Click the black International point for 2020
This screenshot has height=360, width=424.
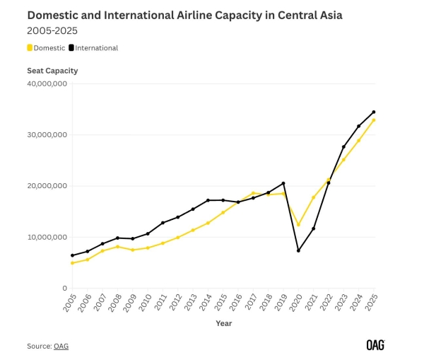pyautogui.click(x=298, y=250)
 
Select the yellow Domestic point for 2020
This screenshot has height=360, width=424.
pyautogui.click(x=298, y=225)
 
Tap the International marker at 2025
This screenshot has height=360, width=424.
pyautogui.click(x=374, y=112)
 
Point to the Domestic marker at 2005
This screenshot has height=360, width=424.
pyautogui.click(x=72, y=263)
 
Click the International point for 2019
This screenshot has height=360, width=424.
pyautogui.click(x=283, y=183)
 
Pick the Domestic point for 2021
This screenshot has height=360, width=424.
pyautogui.click(x=313, y=197)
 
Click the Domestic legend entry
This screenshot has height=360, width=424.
pyautogui.click(x=46, y=48)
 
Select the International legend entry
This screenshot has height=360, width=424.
pyautogui.click(x=93, y=48)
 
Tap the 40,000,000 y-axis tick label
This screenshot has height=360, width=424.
pyautogui.click(x=47, y=83)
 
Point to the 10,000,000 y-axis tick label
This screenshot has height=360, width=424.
pyautogui.click(x=47, y=237)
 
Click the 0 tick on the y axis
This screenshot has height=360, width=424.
pyautogui.click(x=64, y=288)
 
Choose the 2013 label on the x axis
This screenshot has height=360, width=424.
pyautogui.click(x=192, y=302)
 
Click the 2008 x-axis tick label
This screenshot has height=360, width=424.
pyautogui.click(x=117, y=302)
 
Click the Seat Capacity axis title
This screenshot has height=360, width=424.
pyautogui.click(x=52, y=71)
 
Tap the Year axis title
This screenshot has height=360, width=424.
pyautogui.click(x=223, y=323)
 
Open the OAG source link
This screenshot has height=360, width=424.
pyautogui.click(x=61, y=346)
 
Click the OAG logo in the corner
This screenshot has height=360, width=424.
pyautogui.click(x=376, y=345)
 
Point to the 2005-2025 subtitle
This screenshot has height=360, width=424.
pyautogui.click(x=52, y=30)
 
